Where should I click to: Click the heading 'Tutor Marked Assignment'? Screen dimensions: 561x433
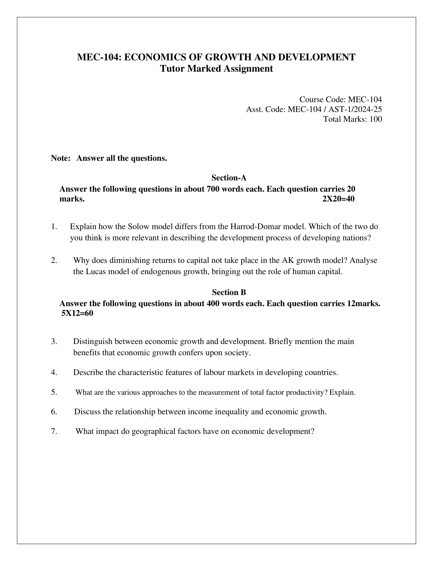pos(216,69)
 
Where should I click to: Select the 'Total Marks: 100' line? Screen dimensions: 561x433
pos(353,119)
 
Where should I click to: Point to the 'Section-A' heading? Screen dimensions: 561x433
pos(229,177)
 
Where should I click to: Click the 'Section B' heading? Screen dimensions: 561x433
pos(229,292)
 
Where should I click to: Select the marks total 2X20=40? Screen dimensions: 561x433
pos(338,199)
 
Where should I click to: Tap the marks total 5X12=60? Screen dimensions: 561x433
pos(77,313)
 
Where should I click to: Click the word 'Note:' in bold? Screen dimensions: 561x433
pos(61,158)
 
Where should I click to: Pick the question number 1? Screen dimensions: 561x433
pos(54,226)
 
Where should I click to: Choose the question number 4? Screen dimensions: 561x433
pos(54,372)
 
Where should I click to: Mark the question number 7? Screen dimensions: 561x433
pos(54,431)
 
